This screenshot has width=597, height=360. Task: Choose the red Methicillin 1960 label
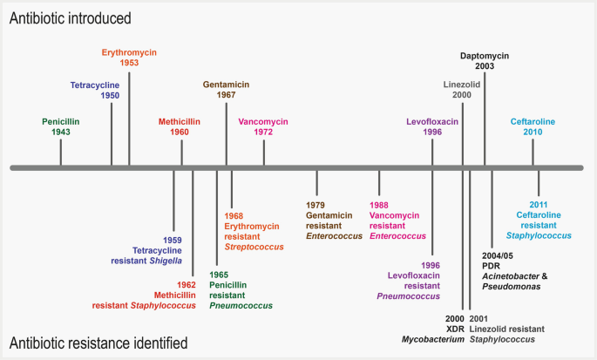tap(182, 126)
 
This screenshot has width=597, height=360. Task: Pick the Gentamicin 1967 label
tap(226, 90)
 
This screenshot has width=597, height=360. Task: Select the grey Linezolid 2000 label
tap(463, 90)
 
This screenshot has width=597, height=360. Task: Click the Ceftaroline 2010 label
tap(533, 126)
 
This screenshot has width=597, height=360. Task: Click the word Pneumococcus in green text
tap(240, 306)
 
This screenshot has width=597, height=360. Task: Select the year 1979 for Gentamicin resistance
tap(315, 204)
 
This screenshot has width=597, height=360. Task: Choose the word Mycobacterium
tap(432, 339)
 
